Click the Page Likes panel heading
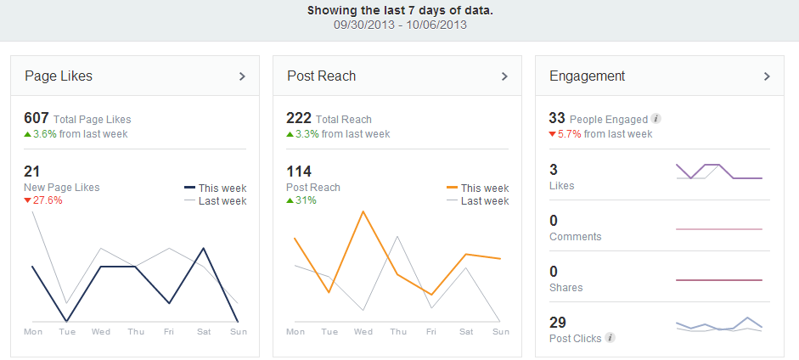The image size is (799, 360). (59, 76)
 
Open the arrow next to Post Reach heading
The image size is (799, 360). (504, 76)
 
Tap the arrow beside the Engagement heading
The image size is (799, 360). (767, 76)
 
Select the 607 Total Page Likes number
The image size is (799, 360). (37, 119)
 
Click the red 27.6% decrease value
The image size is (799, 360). (48, 200)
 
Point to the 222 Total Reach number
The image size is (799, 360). (299, 119)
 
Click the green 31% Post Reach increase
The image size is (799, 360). (307, 200)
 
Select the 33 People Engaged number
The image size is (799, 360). (557, 119)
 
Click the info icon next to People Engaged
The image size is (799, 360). (656, 119)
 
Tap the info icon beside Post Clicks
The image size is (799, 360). (610, 338)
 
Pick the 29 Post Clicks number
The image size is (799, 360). (558, 323)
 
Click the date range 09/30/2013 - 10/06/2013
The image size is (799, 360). (399, 25)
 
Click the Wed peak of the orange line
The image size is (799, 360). (363, 211)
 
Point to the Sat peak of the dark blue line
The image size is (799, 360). (203, 248)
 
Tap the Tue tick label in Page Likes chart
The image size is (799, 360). (67, 331)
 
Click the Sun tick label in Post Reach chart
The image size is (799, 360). (500, 331)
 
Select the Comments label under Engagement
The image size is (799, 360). (575, 237)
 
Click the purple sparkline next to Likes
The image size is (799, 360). (718, 171)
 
